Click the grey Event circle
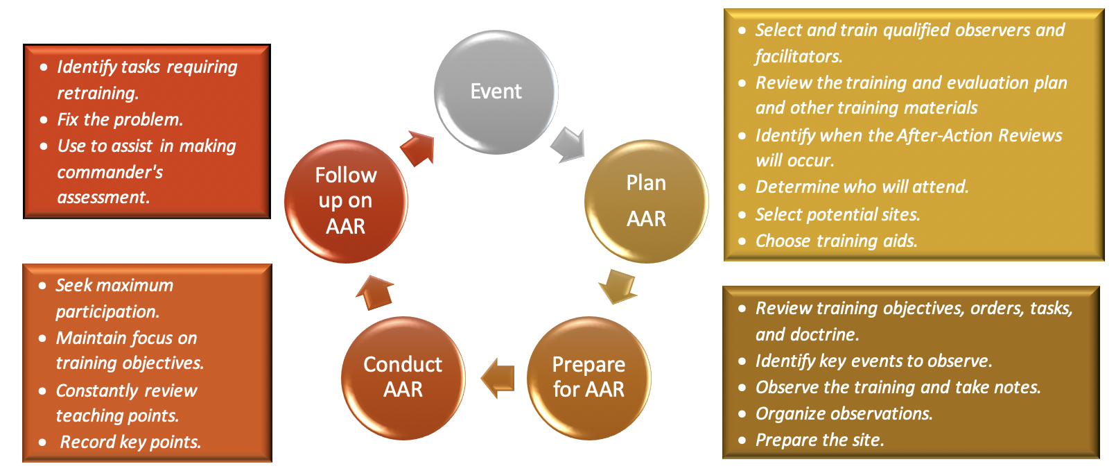coord(496,92)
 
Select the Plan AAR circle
coord(646,201)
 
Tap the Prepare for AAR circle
coord(588,377)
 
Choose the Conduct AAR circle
coord(403,377)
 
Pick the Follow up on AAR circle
coord(345,201)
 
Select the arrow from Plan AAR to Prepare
coord(617,286)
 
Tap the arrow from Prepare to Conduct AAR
coord(498,378)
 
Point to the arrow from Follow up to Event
coord(418,148)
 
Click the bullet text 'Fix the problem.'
coord(120,119)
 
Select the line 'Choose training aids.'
coord(836,241)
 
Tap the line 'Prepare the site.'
coord(819,440)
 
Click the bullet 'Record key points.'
coord(130,442)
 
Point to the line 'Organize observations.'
coord(844,413)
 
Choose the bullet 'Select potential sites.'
coord(837,214)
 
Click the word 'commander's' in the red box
coord(110,172)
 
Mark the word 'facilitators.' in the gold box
coord(799,56)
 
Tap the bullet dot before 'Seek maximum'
coord(42,286)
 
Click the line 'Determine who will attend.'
coord(862,187)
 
